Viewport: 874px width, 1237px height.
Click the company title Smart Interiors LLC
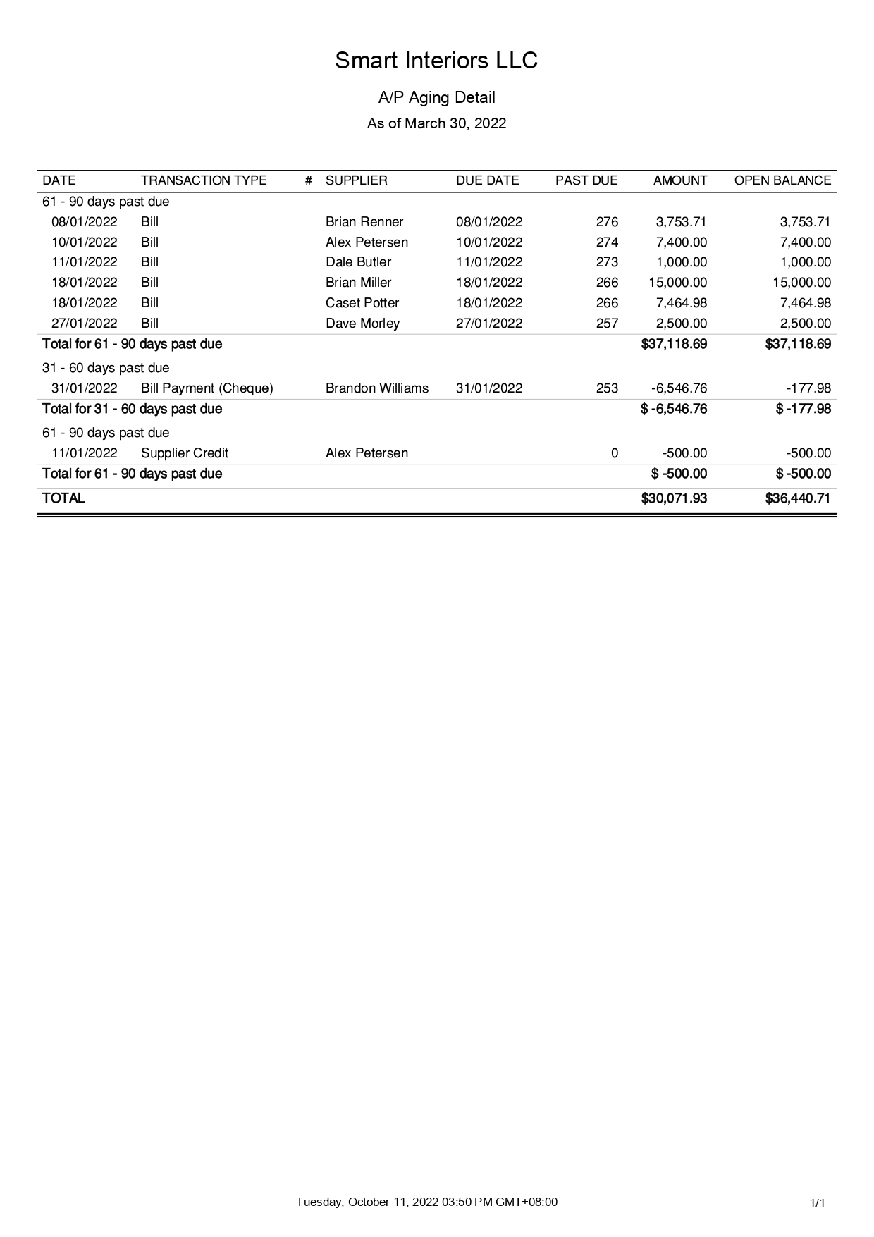pos(436,61)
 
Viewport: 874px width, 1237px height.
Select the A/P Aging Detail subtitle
pos(436,97)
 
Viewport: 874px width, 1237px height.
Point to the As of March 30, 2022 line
pos(436,123)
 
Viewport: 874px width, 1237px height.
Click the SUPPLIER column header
pos(356,180)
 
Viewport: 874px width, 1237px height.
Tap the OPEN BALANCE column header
pos(782,180)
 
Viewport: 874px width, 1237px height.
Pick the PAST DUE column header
pos(586,180)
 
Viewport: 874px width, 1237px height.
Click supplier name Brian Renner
pos(364,222)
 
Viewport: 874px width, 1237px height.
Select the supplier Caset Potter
pos(362,303)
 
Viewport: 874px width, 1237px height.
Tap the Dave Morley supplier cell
pos(362,324)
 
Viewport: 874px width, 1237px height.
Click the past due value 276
pos(607,222)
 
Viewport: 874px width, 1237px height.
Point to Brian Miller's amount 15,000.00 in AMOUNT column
pos(677,283)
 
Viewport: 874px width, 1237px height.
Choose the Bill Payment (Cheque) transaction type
pos(207,388)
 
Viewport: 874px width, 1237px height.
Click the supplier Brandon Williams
pos(377,388)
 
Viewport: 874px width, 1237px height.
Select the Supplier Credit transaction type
pos(185,453)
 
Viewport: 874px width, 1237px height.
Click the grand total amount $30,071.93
pos(674,498)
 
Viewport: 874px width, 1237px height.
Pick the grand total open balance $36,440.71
pos(798,498)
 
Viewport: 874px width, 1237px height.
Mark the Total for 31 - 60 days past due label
pos(132,409)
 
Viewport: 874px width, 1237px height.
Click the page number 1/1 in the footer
pos(818,1203)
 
